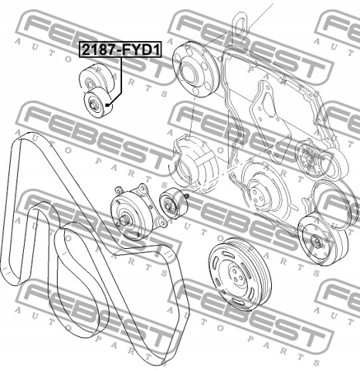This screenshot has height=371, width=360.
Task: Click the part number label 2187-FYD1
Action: [x=121, y=49]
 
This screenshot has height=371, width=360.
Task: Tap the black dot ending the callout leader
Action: [x=107, y=104]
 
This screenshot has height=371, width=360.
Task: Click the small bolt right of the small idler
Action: [x=187, y=196]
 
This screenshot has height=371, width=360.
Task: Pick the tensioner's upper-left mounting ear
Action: [x=119, y=190]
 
